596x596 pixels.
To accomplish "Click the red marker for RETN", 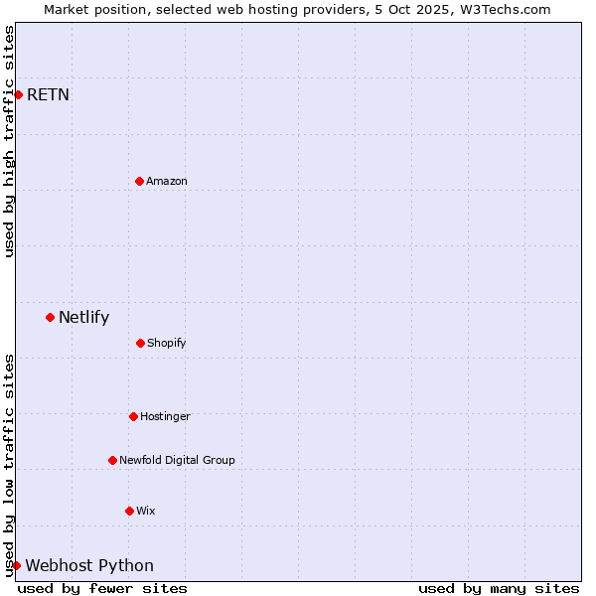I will (18, 94).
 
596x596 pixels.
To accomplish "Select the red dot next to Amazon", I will (139, 181).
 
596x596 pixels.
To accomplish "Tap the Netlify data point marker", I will (50, 317).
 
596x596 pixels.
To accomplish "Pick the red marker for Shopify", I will (140, 343).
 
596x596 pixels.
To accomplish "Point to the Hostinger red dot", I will (133, 416).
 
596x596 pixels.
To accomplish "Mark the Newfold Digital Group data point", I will (112, 460).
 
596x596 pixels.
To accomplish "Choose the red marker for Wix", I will (129, 511).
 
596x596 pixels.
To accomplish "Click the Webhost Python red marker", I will (16, 565).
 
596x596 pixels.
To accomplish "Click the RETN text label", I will (48, 95).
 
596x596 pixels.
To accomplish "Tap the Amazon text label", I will (167, 181).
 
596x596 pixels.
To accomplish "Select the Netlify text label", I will (83, 318).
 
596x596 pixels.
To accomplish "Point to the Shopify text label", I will (167, 343).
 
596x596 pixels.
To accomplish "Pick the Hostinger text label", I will (165, 416).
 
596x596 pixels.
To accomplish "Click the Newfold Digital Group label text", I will (177, 460).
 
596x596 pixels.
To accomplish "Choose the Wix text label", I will (146, 511).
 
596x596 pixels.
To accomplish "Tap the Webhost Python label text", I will (89, 566).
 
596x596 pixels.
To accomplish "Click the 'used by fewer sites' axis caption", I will (102, 588).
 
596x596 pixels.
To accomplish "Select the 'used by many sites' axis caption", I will (499, 588).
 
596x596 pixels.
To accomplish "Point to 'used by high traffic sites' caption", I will (9, 141).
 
